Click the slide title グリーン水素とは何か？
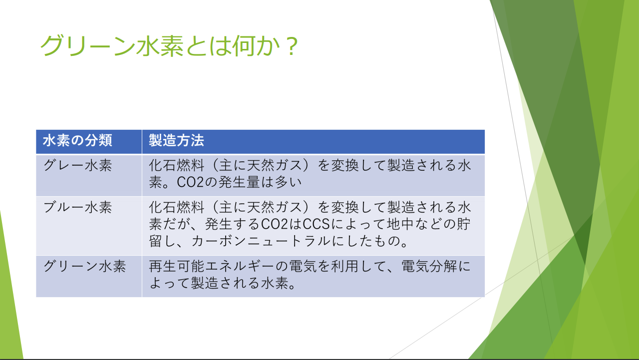(x=169, y=45)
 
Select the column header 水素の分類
(x=77, y=141)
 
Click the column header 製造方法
(x=176, y=141)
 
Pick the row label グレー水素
(x=77, y=165)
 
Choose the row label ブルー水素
(x=77, y=207)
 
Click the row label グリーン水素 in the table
(x=84, y=266)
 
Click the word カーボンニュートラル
(x=261, y=241)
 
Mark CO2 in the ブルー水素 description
(x=275, y=224)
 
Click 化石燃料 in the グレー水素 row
(x=176, y=165)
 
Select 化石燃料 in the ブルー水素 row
(x=176, y=207)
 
